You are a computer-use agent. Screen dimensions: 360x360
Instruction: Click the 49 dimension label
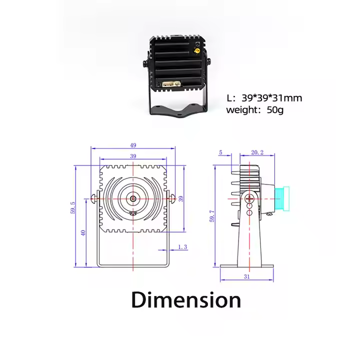(x=133, y=145)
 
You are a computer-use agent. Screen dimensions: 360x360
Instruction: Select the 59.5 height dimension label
(x=73, y=208)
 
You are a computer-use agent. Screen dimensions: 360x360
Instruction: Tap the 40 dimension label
(x=83, y=233)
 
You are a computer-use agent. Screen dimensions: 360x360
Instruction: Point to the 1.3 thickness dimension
(x=183, y=247)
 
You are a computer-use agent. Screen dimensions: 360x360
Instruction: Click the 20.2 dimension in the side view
(x=257, y=152)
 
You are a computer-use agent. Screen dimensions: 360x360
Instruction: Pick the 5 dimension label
(x=221, y=152)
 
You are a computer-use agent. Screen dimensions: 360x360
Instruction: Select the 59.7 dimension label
(x=212, y=216)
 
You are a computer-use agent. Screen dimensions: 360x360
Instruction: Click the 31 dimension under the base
(x=247, y=276)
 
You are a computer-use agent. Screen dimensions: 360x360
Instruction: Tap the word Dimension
(x=186, y=299)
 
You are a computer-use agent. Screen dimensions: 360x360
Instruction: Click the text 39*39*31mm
(x=272, y=98)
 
